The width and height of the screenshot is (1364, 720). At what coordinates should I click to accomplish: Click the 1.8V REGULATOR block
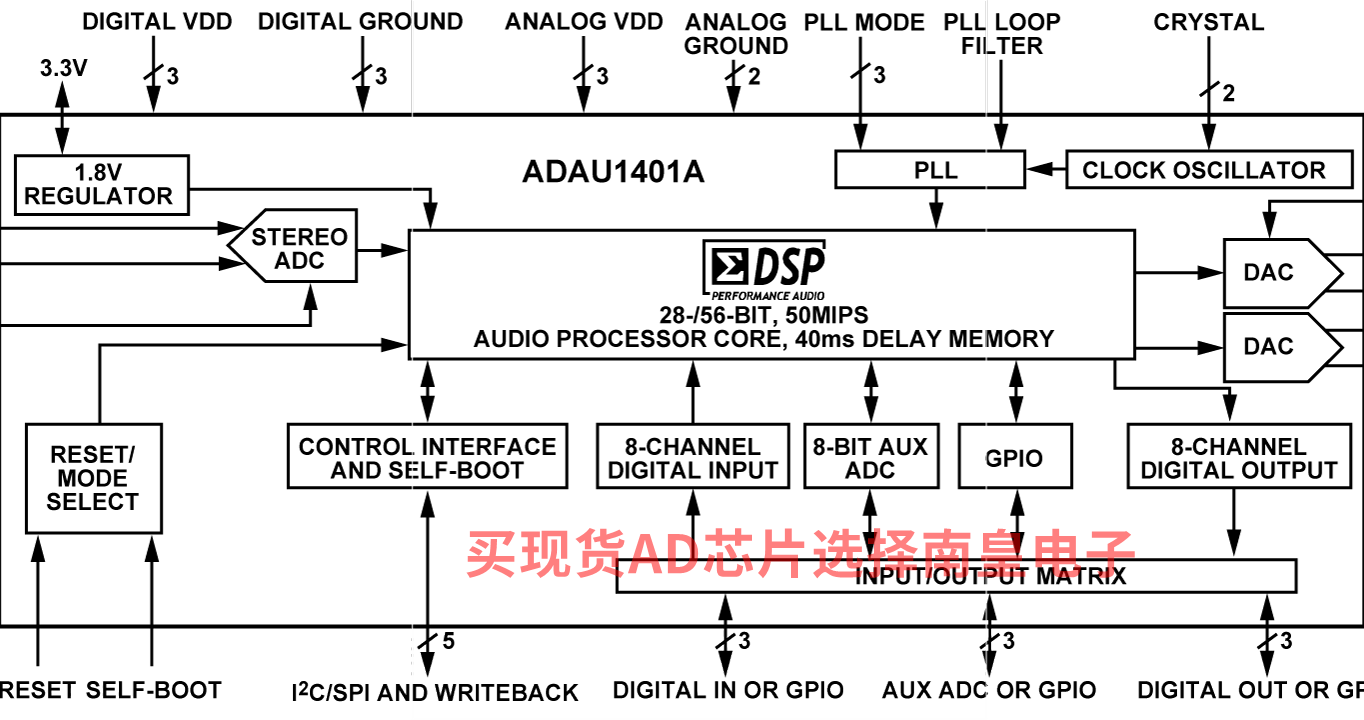pos(102,185)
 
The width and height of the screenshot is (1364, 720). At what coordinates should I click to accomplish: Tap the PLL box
pos(930,169)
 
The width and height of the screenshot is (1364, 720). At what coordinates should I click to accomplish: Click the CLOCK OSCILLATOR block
pos(1209,169)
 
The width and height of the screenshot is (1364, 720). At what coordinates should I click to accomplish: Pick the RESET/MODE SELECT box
pos(94,478)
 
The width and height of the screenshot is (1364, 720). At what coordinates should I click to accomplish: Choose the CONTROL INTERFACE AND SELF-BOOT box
pos(427,456)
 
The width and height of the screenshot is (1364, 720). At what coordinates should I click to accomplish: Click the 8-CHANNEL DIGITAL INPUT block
pos(693,456)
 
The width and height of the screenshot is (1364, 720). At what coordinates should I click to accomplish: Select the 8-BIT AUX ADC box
pos(871,456)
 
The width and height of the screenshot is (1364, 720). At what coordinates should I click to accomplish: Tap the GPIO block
pos(1015,456)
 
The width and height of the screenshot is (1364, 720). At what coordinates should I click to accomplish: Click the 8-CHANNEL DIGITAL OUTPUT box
pos(1239,456)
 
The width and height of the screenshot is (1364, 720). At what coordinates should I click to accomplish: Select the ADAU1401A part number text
pos(613,171)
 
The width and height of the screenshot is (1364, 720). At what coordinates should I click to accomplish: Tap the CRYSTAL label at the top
pos(1209,22)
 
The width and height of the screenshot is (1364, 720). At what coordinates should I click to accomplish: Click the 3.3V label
pos(63,68)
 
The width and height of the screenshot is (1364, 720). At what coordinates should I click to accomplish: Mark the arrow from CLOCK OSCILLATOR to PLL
pos(1046,169)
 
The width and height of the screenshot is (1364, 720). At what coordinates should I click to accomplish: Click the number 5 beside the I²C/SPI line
pos(449,641)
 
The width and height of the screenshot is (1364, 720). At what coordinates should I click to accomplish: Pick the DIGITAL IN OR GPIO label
pos(728,690)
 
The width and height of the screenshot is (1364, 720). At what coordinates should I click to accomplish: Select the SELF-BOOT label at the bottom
pos(153,690)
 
